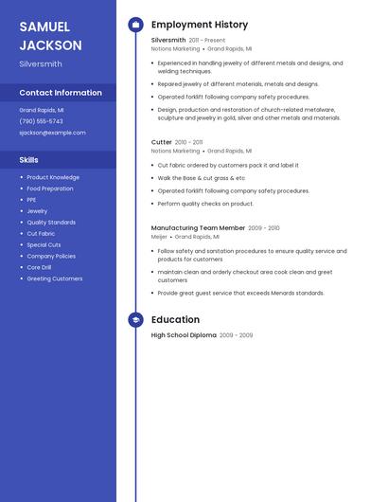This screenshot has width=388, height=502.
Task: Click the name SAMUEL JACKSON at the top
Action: click(50, 35)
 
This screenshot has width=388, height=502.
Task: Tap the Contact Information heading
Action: click(61, 93)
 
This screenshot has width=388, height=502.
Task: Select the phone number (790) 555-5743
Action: click(41, 121)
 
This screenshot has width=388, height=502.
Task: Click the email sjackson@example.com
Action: click(52, 133)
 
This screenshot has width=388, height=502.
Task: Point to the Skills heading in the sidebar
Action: click(29, 160)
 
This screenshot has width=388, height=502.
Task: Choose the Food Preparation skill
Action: click(49, 188)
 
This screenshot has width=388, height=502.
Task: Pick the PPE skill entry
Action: click(31, 200)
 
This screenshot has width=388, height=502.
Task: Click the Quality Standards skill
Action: click(51, 223)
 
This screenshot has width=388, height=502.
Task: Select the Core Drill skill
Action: click(39, 267)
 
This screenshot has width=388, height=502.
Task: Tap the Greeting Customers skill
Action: click(54, 278)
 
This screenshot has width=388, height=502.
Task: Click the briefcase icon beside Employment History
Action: click(135, 25)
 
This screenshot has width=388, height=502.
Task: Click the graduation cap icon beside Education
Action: click(135, 320)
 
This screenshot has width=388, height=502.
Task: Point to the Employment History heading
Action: click(200, 25)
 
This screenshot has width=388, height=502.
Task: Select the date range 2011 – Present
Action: click(207, 41)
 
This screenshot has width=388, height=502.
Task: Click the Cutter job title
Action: click(162, 142)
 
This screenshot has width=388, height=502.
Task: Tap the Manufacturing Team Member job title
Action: click(198, 228)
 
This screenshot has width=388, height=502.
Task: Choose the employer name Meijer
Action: click(159, 237)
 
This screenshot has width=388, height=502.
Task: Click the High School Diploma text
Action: click(184, 335)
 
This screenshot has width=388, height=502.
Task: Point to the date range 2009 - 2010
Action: click(264, 228)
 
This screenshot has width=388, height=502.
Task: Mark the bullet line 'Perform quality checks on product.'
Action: click(205, 204)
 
